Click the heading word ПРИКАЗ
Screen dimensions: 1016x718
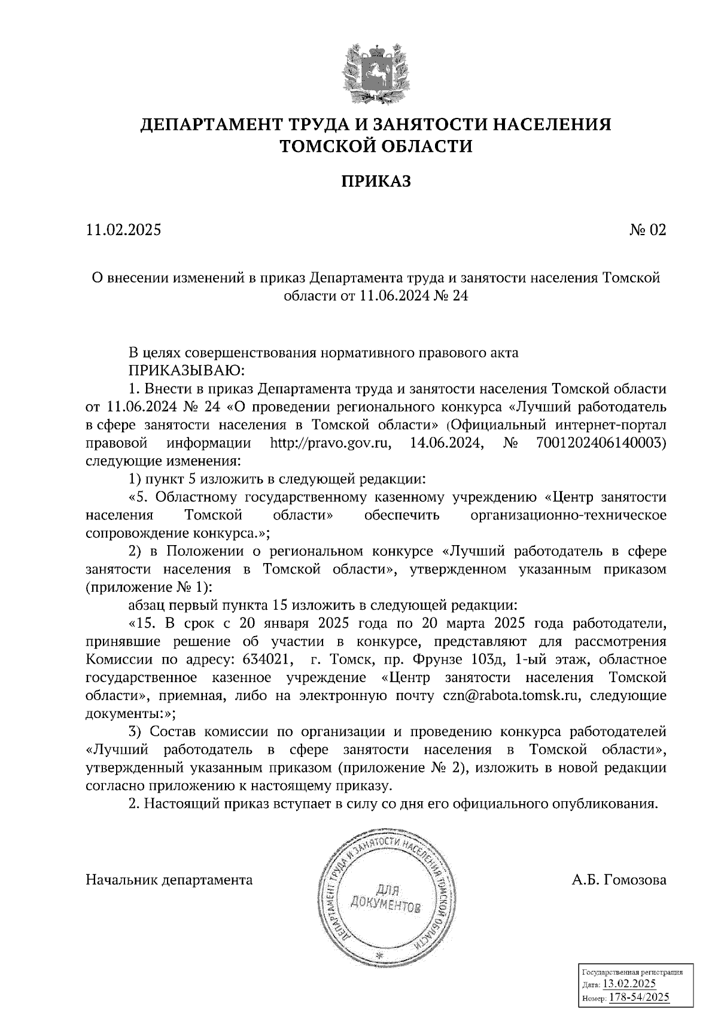376,181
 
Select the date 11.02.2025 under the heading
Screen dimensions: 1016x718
124,230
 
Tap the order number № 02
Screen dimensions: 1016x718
647,230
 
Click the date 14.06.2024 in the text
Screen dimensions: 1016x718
446,443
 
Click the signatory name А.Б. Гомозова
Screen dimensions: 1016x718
619,880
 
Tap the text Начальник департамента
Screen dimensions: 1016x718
169,880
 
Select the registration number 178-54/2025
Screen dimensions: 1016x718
640,997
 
